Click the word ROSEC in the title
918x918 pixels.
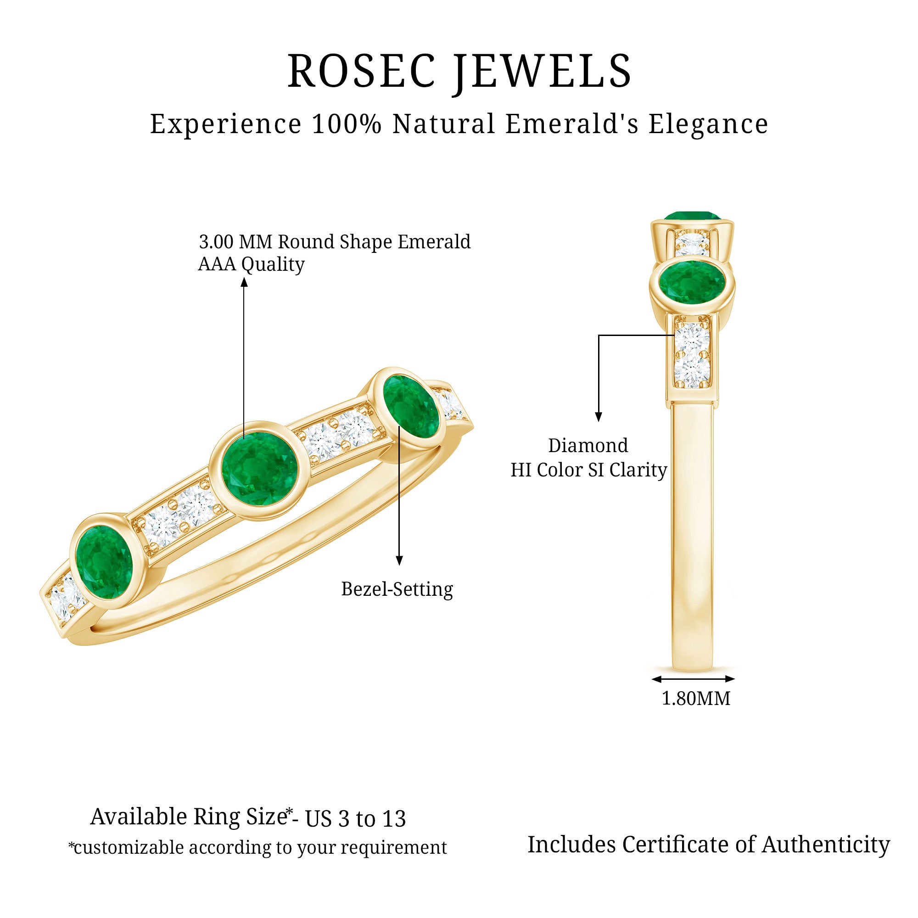[361, 71]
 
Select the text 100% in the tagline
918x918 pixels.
[347, 124]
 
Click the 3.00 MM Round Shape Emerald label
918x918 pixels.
[335, 242]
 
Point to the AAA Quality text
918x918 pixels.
[251, 264]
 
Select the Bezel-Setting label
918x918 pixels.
[397, 589]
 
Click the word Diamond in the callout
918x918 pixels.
[588, 446]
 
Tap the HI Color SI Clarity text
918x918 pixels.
[589, 470]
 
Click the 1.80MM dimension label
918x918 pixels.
[696, 699]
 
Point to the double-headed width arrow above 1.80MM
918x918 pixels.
[693, 679]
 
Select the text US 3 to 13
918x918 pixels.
[355, 819]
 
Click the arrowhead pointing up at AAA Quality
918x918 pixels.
[244, 283]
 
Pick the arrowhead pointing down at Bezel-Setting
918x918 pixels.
[399, 561]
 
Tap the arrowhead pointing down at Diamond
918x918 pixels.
[599, 417]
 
